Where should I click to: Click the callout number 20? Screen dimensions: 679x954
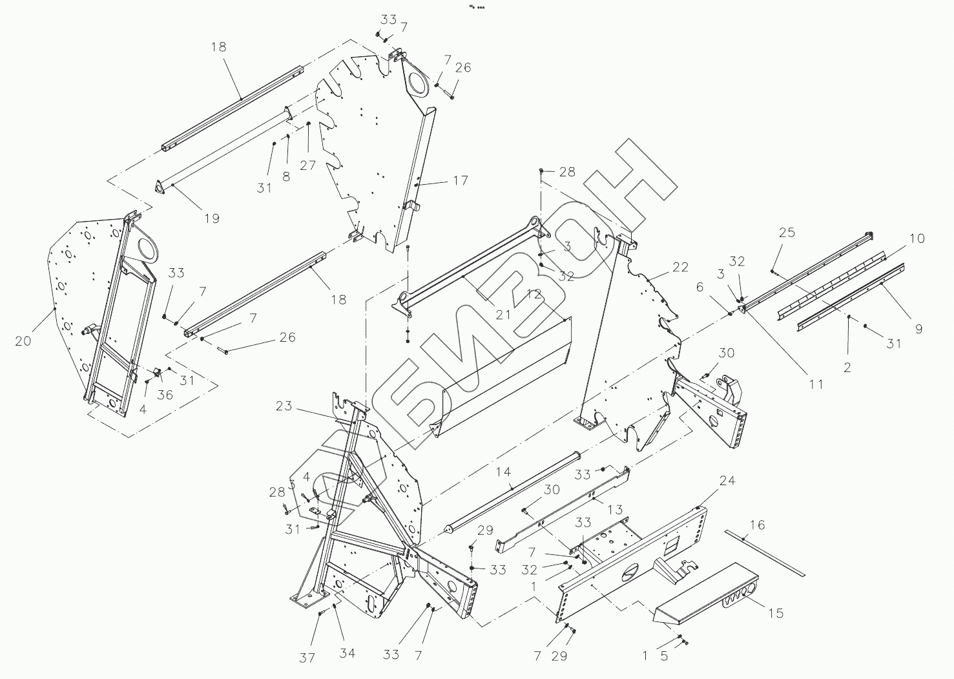point(23,340)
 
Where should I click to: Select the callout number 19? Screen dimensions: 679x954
point(212,218)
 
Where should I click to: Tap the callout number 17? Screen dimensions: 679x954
point(460,180)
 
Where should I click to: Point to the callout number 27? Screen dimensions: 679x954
point(307,165)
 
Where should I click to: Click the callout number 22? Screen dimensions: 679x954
point(680,267)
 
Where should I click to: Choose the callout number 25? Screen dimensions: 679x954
point(787,233)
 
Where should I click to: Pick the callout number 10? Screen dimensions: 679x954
point(917,238)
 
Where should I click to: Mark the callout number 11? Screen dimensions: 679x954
point(816,384)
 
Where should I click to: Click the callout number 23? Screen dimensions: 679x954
point(284,406)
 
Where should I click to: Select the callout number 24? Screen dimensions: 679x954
point(727,481)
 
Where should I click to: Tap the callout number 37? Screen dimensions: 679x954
point(307,658)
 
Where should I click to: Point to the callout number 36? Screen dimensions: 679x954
point(165,394)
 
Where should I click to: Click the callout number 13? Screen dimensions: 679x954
point(615,510)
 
